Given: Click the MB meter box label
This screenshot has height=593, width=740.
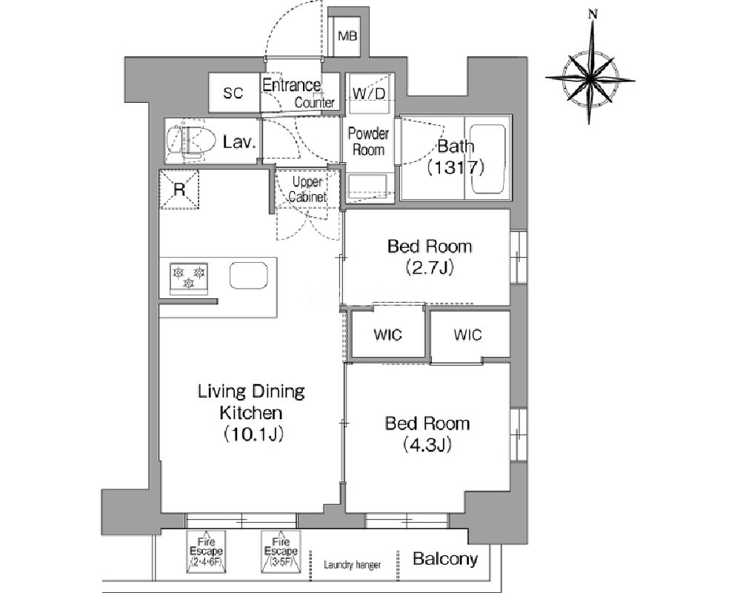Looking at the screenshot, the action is click(x=348, y=36).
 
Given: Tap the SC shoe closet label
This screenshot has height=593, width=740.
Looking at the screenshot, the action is click(x=233, y=93).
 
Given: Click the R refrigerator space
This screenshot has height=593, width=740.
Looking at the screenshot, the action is click(x=179, y=190).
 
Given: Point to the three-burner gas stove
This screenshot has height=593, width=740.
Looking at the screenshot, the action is click(x=189, y=278).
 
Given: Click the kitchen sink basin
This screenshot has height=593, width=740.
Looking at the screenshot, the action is click(x=249, y=275).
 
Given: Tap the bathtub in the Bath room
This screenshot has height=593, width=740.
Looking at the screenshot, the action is click(x=488, y=159).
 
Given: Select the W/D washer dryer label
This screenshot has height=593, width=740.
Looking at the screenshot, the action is click(x=369, y=93).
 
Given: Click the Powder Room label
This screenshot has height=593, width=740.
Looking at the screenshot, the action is click(x=369, y=141).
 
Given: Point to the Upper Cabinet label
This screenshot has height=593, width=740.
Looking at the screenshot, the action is click(x=307, y=190).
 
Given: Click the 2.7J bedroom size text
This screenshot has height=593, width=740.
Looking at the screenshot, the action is click(x=430, y=267).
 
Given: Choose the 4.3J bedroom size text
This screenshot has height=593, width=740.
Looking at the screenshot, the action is click(x=427, y=444).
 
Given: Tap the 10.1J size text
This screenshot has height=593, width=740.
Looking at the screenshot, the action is click(x=253, y=434).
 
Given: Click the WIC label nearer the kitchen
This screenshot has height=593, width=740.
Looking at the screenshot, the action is click(x=387, y=335).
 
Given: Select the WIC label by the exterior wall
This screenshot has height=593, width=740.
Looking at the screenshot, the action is click(x=467, y=335).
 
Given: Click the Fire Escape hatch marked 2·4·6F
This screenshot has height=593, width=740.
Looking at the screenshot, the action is click(x=206, y=552).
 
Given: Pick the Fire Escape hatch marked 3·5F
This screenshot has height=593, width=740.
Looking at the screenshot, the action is click(x=281, y=552).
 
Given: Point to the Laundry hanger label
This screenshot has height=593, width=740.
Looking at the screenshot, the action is click(x=352, y=564).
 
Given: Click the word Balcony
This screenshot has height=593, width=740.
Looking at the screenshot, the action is click(x=445, y=559).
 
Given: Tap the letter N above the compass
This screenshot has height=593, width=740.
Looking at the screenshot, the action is click(x=593, y=15).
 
